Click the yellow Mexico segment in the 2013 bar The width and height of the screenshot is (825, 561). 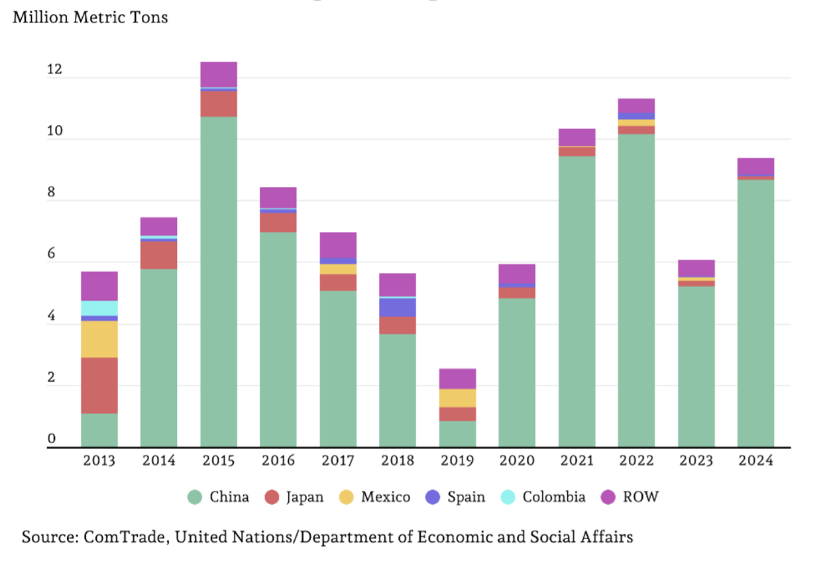(99, 339)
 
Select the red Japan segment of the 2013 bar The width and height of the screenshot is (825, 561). (99, 385)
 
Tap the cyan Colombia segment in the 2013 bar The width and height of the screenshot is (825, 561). (99, 308)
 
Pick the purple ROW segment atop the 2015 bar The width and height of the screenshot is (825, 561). (219, 74)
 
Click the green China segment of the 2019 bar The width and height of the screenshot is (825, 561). (457, 434)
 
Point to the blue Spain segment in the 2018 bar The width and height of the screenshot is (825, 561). (398, 307)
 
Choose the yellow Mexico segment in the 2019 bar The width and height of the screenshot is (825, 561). (457, 398)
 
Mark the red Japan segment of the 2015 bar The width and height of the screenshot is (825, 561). (219, 104)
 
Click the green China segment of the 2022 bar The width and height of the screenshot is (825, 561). (636, 291)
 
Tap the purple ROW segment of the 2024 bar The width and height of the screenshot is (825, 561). (755, 166)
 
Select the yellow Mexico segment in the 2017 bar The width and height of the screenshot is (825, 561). (338, 269)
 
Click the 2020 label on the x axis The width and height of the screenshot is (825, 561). (517, 460)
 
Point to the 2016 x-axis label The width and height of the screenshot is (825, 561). (278, 460)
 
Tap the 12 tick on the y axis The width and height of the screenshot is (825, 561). (54, 69)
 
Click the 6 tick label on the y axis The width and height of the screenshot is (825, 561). (51, 253)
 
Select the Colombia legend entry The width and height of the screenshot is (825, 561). (543, 497)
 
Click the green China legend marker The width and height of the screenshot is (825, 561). (194, 497)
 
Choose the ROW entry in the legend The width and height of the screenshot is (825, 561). (630, 497)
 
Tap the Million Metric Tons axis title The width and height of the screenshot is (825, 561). (90, 17)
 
